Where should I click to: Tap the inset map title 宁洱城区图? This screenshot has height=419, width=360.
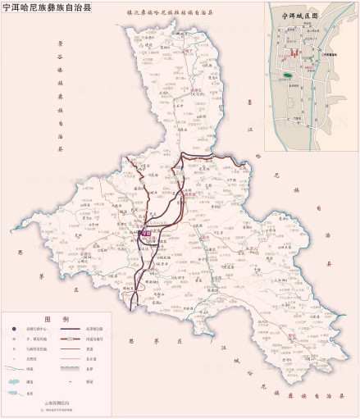click(x=298, y=15)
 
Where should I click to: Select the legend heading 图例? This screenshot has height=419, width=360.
click(x=57, y=318)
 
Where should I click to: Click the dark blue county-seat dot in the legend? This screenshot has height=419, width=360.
click(x=14, y=329)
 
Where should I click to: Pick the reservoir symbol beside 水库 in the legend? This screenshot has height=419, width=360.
click(x=14, y=394)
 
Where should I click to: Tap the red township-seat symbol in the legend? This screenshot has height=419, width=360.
click(x=14, y=339)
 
